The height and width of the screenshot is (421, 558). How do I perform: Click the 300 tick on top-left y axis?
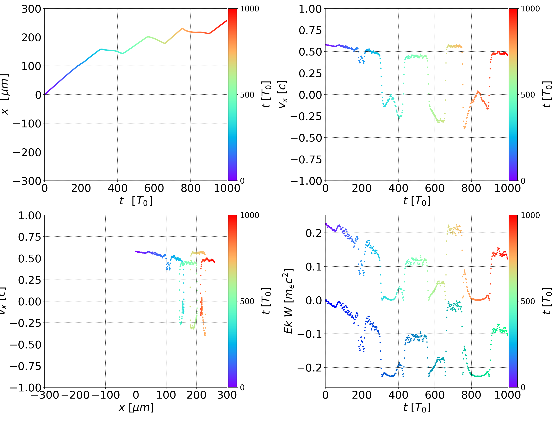31,9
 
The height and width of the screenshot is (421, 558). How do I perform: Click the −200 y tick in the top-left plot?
27,152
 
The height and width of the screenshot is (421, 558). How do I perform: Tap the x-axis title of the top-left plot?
136,201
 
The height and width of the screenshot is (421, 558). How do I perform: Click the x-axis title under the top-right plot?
417,201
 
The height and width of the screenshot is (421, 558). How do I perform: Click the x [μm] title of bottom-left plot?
136,407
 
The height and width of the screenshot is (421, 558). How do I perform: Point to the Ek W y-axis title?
288,301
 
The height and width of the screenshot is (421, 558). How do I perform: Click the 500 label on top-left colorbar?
247,95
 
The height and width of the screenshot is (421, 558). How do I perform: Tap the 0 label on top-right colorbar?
523,181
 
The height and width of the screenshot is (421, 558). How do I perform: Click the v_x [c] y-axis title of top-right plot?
282,94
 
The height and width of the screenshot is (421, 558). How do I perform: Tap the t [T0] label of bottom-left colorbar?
266,301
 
